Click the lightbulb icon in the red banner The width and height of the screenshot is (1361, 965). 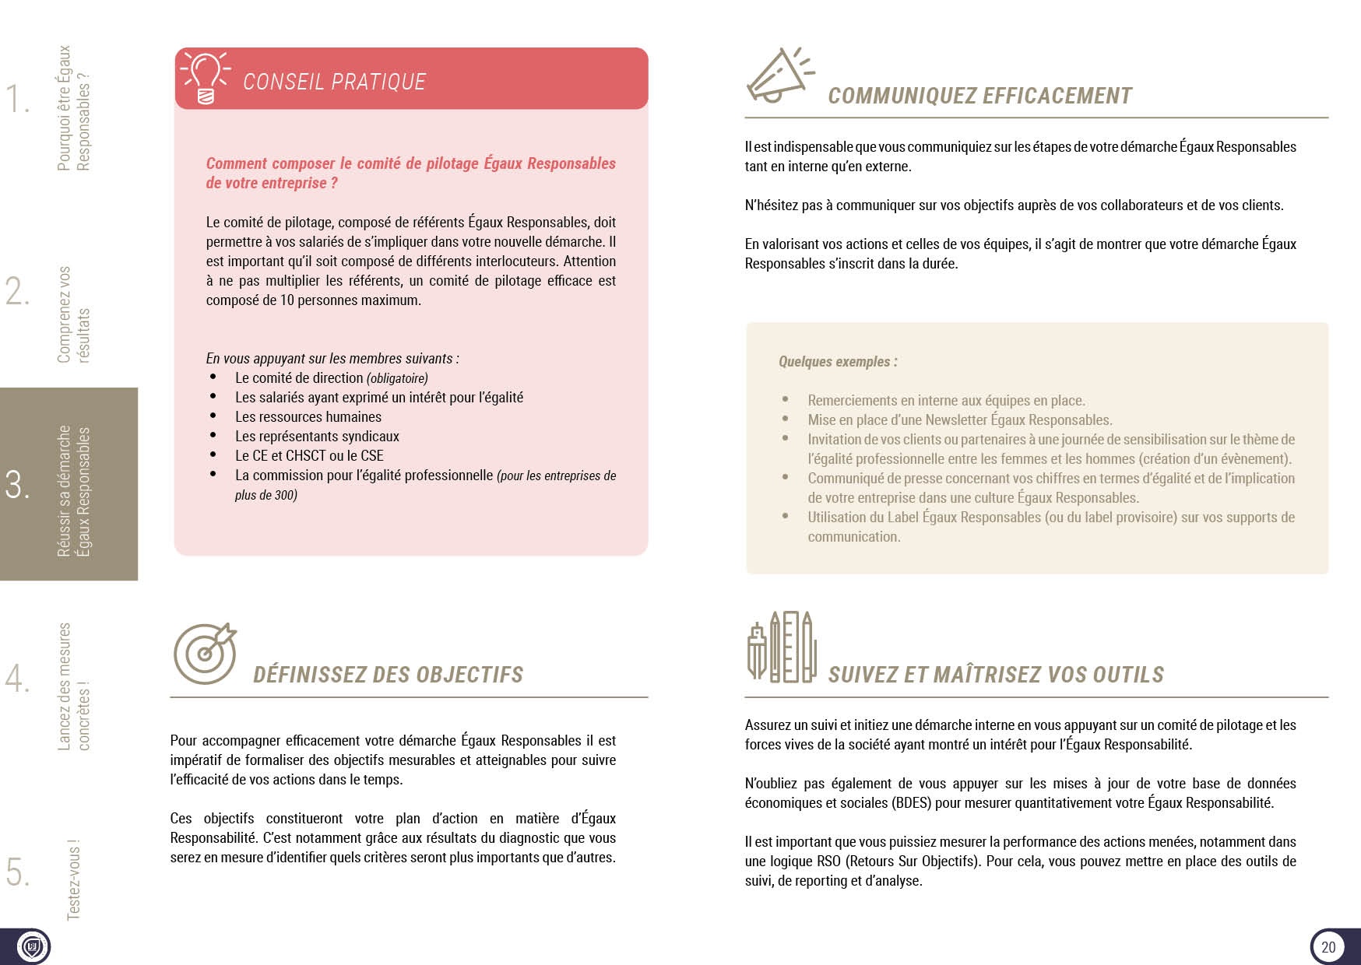206,78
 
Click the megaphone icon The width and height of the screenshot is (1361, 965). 778,75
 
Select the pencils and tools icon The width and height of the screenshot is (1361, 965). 782,647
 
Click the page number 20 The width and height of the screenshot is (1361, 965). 1328,946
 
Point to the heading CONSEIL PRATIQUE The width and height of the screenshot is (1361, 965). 334,82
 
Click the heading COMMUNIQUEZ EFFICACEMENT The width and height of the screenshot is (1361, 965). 979,96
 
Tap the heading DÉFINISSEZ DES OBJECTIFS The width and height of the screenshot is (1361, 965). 388,675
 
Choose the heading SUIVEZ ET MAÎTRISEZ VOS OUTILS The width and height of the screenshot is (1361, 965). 996,675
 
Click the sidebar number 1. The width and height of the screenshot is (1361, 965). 16,99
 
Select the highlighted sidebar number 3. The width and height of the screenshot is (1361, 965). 16,484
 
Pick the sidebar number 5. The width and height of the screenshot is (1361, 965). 16,872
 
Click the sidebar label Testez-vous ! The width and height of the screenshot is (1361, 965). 73,879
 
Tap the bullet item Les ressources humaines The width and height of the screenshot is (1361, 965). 308,417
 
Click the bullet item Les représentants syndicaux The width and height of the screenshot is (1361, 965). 317,437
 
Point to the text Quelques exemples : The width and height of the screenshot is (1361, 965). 838,362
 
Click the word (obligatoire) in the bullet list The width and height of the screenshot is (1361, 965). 397,379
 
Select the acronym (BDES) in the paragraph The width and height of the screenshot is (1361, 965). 912,803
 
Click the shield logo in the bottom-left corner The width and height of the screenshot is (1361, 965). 32,947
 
